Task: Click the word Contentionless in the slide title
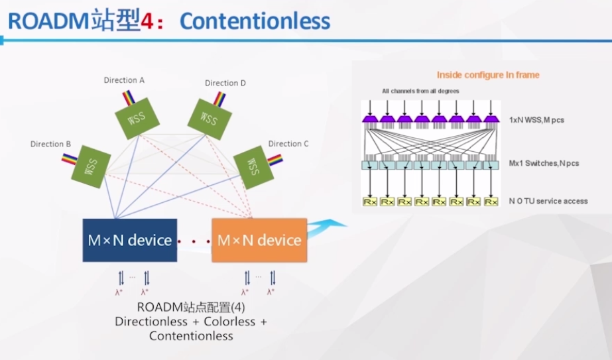point(255,21)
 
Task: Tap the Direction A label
point(124,80)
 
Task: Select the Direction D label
point(225,83)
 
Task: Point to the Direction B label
point(51,144)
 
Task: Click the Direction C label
point(288,143)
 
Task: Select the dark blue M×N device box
point(130,240)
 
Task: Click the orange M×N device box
point(259,240)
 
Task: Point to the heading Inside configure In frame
point(487,75)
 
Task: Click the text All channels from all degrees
point(420,91)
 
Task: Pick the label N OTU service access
point(548,201)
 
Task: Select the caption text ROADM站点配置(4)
point(191,308)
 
